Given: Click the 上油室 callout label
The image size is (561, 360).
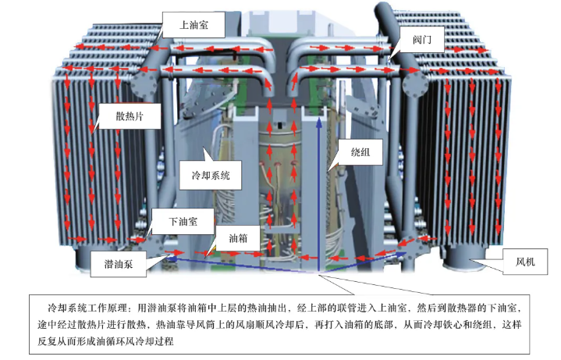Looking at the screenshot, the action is coord(194,25).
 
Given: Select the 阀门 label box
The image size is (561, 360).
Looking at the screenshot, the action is coord(422,39).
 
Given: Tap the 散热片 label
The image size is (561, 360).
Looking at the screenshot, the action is coord(130,116).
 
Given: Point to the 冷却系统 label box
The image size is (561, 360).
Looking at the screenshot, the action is coord(211,175).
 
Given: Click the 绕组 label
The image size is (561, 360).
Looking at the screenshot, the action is coord(360,152).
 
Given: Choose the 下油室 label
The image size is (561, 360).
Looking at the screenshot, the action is coord(183,221).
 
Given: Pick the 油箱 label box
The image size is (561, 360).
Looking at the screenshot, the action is coord(237,238).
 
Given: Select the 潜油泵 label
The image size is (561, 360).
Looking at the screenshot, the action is coord(119,264).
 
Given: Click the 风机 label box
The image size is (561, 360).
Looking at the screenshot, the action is coord(525,262).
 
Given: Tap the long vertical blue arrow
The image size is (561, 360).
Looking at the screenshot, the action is coord(318,194).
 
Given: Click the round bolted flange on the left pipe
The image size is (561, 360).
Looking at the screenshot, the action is coord(144,84).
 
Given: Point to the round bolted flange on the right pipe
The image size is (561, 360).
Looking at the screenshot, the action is coord(415,84).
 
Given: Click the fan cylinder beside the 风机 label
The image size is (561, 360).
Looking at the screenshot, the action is coord(465,258).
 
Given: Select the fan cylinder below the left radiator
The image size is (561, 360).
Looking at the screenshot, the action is coord(88,257).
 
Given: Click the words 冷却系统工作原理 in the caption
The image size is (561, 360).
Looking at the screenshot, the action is coord(87,308).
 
